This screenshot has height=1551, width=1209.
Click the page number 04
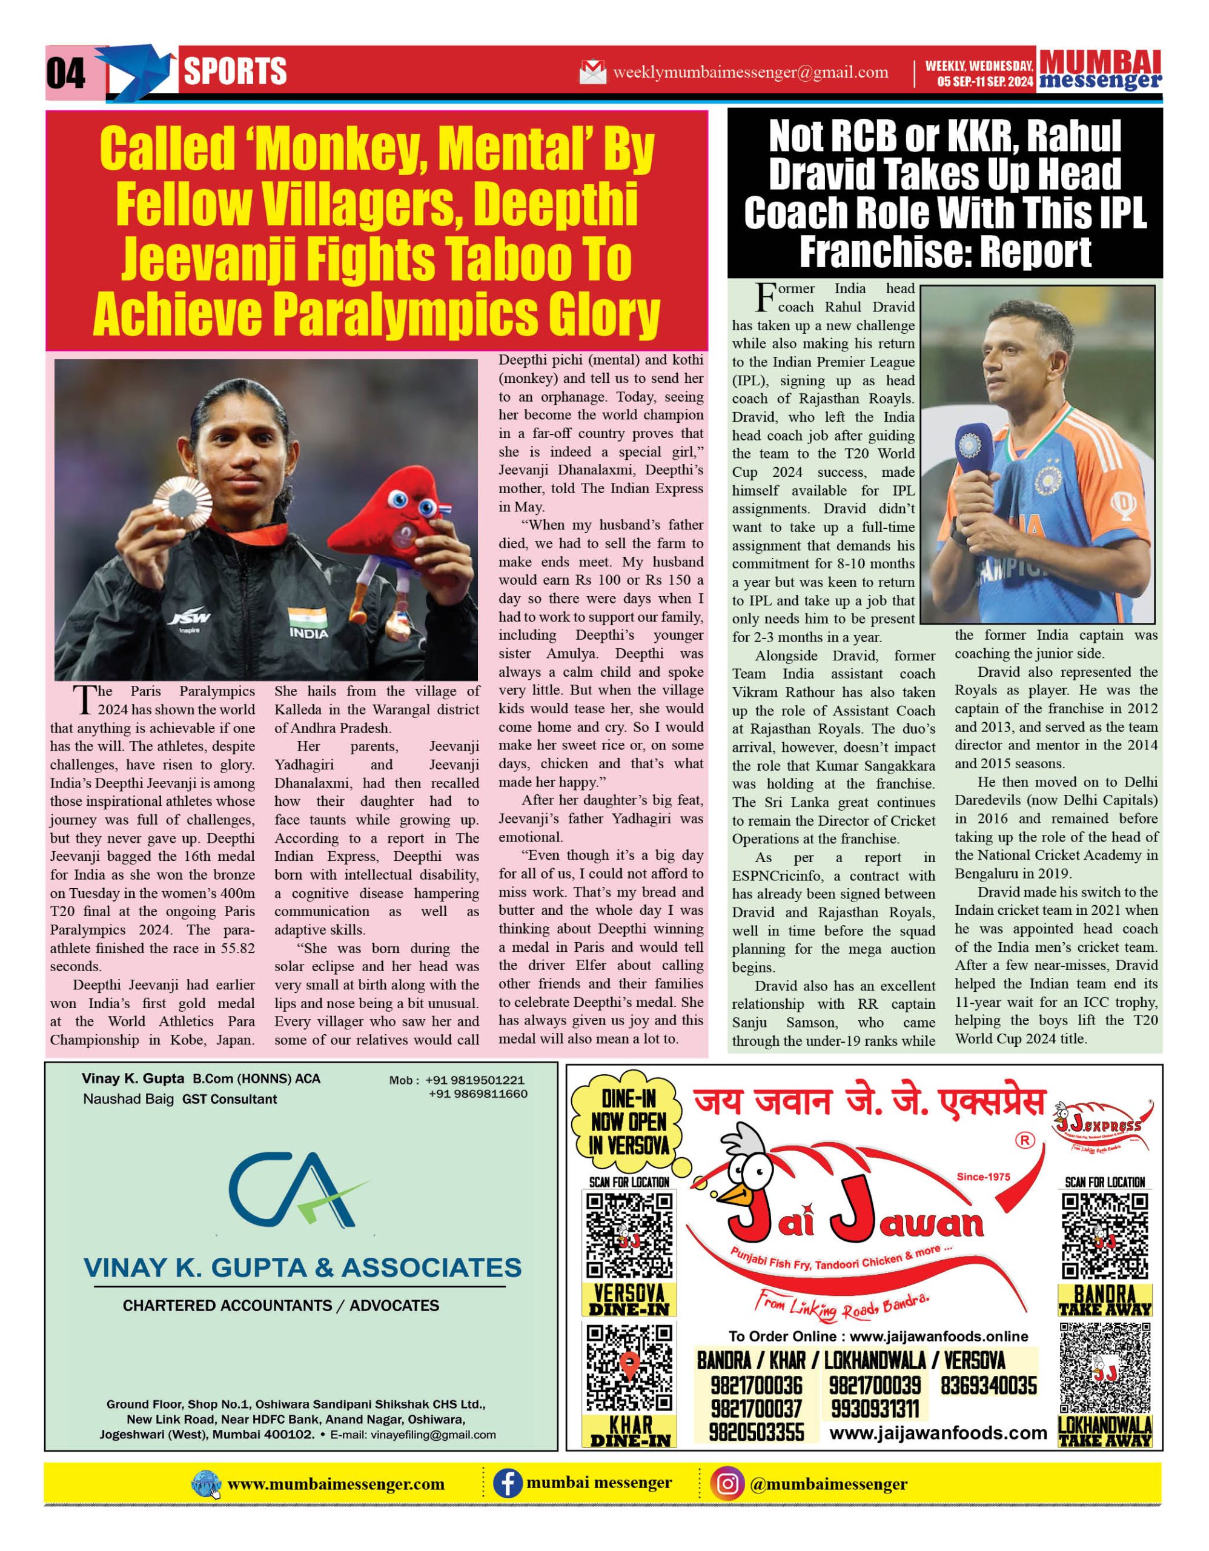[65, 73]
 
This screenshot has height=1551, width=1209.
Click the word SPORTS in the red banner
[235, 71]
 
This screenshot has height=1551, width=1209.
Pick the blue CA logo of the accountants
[297, 1191]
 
